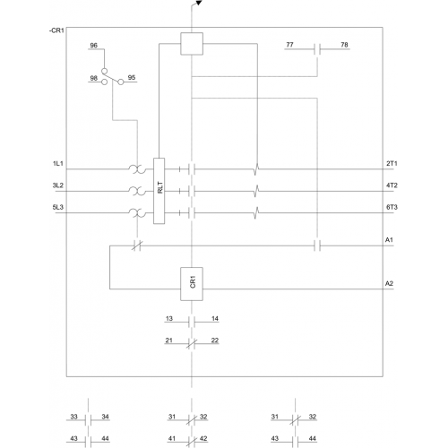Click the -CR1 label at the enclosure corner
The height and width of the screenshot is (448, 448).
(56, 30)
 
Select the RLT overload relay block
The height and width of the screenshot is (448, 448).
(159, 191)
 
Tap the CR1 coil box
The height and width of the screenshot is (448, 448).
(192, 284)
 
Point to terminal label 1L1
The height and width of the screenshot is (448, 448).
(58, 163)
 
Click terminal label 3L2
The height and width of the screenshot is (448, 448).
(58, 185)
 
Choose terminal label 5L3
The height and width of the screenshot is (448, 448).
(58, 207)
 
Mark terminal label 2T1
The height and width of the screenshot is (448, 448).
(392, 163)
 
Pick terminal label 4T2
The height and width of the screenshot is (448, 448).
(392, 185)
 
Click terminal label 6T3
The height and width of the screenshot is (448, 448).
(392, 207)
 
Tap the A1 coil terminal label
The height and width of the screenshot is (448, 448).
(389, 239)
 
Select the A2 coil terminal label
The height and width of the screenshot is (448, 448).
(389, 283)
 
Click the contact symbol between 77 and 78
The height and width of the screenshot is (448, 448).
(317, 49)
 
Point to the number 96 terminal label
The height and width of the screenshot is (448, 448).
(93, 45)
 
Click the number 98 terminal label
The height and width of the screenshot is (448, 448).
(93, 78)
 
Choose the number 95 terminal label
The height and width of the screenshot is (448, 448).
(132, 77)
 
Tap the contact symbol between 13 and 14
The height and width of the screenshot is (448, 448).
(192, 322)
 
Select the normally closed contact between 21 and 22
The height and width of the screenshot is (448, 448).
(192, 344)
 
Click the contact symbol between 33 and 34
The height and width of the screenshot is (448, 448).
(88, 420)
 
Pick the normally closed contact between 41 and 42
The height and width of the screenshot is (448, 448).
(192, 442)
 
